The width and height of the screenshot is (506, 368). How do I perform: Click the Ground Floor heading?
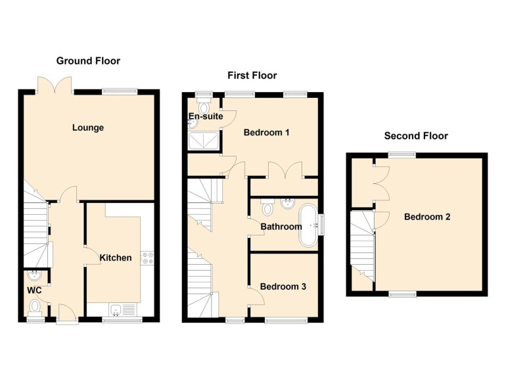point(88,61)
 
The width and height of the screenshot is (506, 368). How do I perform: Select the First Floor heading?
point(252,76)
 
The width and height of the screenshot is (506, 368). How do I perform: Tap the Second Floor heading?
point(416,136)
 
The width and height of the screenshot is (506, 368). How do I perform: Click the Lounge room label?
point(88,127)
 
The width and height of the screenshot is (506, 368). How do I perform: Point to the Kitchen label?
point(116,258)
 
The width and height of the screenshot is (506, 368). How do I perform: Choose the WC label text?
point(34,290)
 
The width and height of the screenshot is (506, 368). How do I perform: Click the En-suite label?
point(205,116)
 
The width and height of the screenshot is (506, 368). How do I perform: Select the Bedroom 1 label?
point(267,133)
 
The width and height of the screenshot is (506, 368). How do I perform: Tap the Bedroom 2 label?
point(426,216)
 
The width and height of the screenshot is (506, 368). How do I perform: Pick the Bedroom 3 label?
point(283,287)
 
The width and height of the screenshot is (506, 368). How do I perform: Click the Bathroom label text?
point(281,227)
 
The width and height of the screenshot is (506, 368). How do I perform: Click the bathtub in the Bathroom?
point(308,225)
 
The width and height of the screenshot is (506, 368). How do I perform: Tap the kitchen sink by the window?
point(117,308)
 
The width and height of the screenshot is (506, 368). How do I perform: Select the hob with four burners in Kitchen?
point(147,258)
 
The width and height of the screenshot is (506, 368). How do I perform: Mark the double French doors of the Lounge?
point(55,85)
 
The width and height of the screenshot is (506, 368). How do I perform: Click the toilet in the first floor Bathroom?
point(267,208)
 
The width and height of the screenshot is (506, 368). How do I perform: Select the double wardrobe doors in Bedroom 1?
point(285,170)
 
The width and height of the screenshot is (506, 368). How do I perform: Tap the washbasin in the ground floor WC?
point(34,277)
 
